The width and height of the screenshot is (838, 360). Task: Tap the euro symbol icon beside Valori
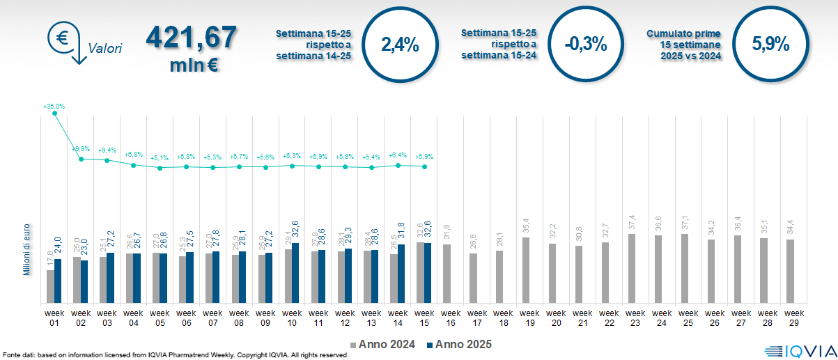(x=62, y=38)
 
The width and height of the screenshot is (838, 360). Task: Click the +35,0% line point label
(x=54, y=107)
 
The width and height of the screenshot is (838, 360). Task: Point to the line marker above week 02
(x=81, y=159)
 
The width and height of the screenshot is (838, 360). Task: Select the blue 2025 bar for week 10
(x=296, y=273)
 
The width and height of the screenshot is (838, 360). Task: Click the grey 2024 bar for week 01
(x=50, y=286)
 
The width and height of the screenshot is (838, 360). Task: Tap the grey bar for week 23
(x=631, y=268)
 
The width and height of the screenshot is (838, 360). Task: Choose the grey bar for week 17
(x=473, y=278)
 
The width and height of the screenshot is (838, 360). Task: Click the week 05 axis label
(x=160, y=318)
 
